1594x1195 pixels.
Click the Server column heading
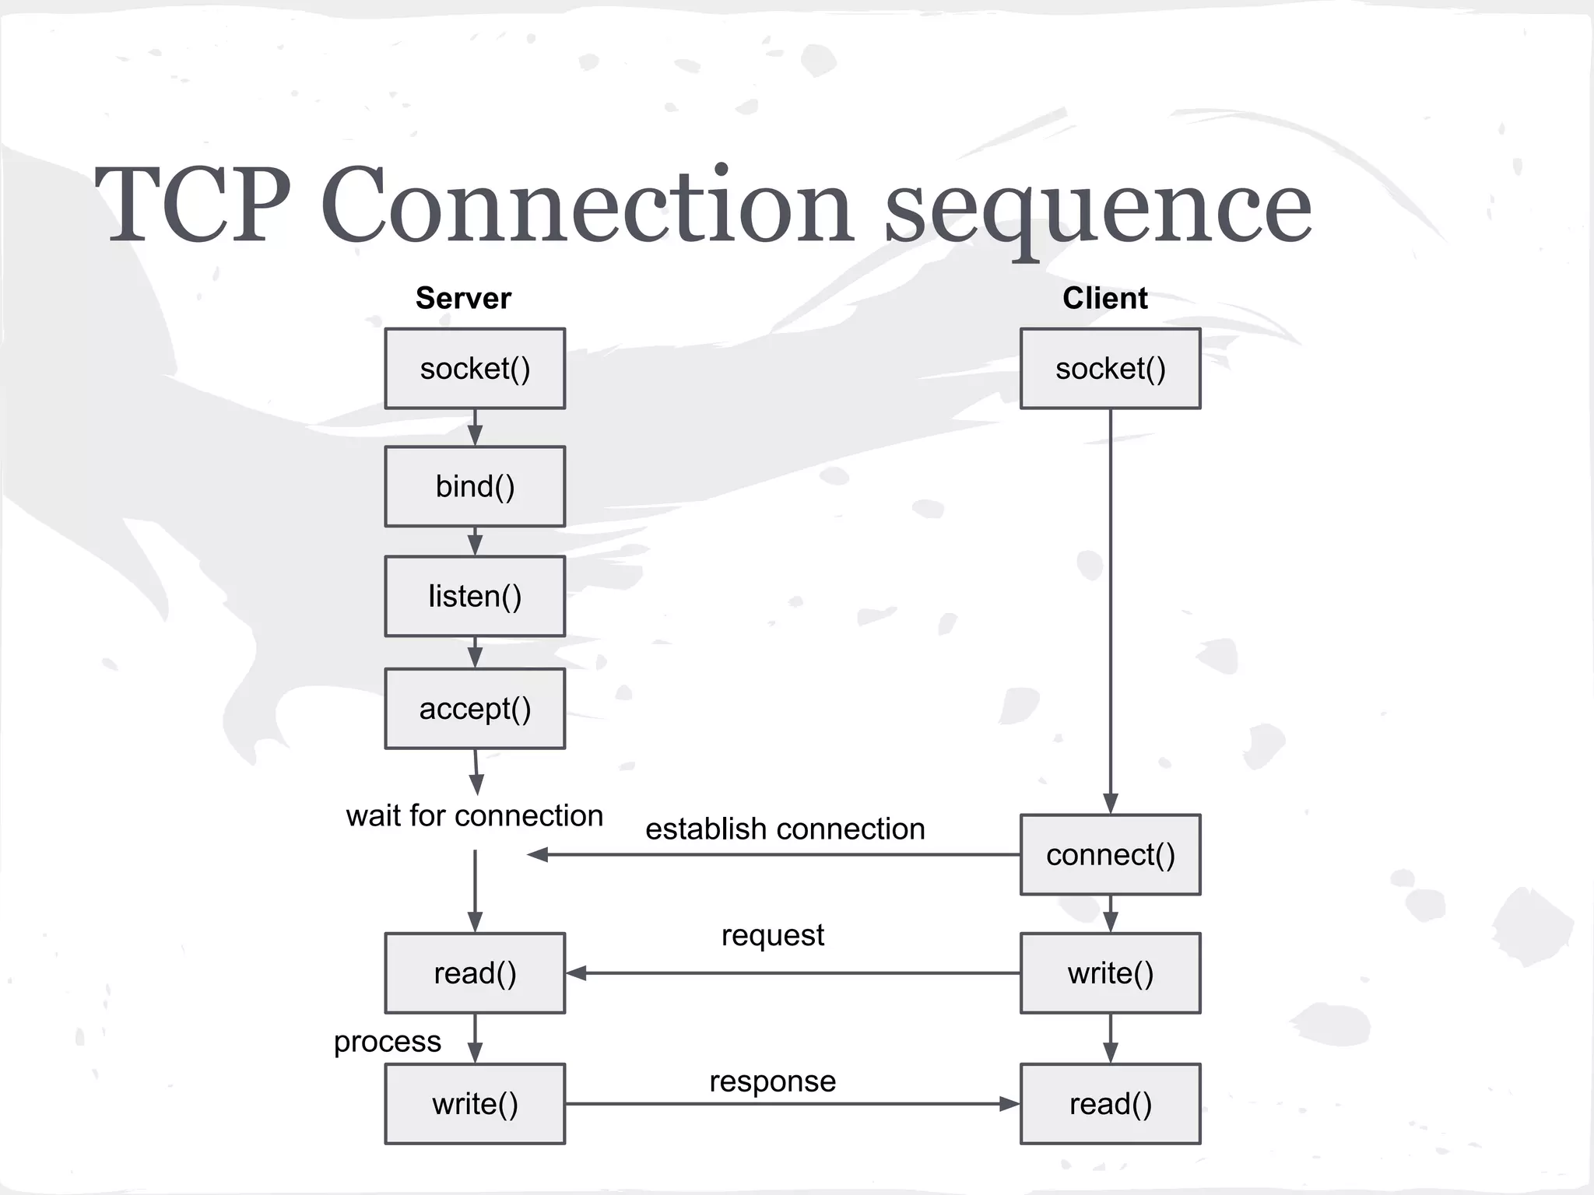click(x=463, y=298)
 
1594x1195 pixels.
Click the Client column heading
click(x=1104, y=298)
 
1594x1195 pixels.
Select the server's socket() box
click(x=475, y=369)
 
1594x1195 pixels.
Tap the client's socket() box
click(x=1110, y=369)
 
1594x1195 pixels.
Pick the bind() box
click(x=475, y=487)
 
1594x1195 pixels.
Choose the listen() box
click(x=475, y=597)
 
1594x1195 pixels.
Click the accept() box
click(x=475, y=709)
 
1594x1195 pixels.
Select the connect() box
click(x=1110, y=855)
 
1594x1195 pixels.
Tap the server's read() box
click(x=475, y=973)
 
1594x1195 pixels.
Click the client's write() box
click(x=1110, y=973)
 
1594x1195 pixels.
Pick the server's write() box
click(x=475, y=1104)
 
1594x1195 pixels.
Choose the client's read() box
click(x=1110, y=1104)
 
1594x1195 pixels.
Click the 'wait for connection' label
click(x=475, y=816)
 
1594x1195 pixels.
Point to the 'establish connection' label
click(x=785, y=829)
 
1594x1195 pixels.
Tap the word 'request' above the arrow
click(x=772, y=935)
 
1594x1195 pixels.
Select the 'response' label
click(x=772, y=1081)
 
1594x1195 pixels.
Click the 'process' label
click(x=387, y=1041)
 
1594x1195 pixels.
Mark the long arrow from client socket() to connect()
click(x=1110, y=607)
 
